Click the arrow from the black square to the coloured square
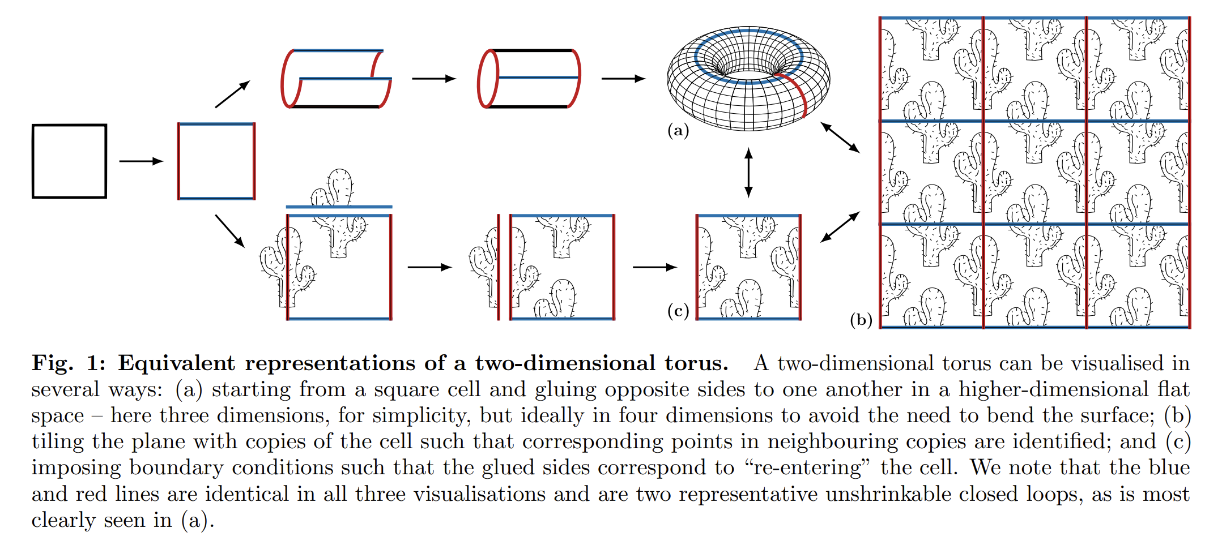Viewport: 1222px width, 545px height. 141,161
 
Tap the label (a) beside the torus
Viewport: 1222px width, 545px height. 678,131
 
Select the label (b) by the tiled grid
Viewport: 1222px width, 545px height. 861,320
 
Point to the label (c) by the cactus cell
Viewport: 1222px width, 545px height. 678,311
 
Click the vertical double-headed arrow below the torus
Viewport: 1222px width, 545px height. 748,173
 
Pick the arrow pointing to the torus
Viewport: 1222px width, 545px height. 623,79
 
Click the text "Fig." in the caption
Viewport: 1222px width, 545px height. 52,363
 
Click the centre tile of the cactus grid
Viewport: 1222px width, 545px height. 1034,172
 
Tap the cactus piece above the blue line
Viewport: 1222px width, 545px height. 333,187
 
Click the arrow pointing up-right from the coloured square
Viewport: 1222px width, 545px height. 232,94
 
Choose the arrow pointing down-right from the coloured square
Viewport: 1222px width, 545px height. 230,231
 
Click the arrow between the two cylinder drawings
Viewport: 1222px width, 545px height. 434,79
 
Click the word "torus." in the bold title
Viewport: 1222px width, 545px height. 696,363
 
